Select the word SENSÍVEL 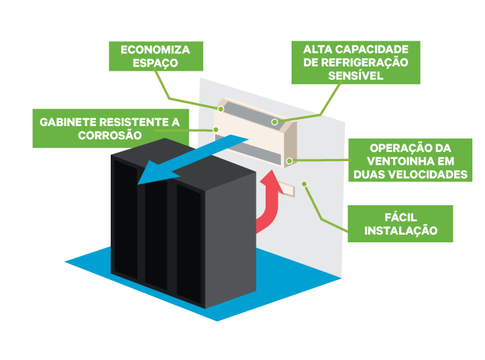[x=355, y=76]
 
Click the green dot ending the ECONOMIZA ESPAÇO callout [x=220, y=109]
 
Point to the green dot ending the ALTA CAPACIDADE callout [x=275, y=123]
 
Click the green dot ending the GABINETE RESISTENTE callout [x=217, y=130]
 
